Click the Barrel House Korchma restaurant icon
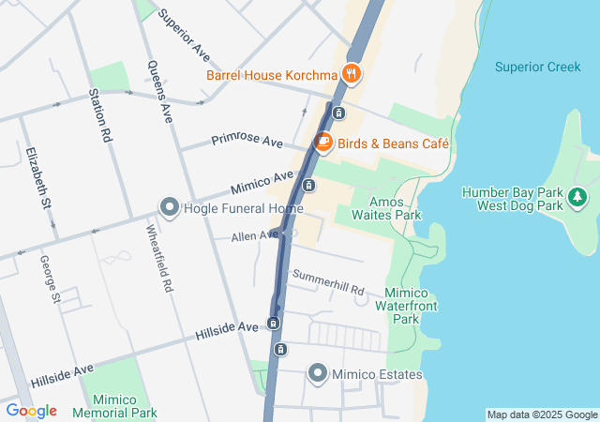tap(352, 72)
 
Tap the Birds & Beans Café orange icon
tap(322, 143)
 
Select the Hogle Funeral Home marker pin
tap(170, 206)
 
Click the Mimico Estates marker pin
tap(317, 374)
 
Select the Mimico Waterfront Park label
tap(406, 305)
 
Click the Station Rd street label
tap(99, 115)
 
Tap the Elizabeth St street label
tap(39, 177)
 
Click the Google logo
tap(31, 411)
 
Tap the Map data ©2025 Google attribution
tap(542, 414)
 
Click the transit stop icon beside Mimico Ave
tap(307, 184)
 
